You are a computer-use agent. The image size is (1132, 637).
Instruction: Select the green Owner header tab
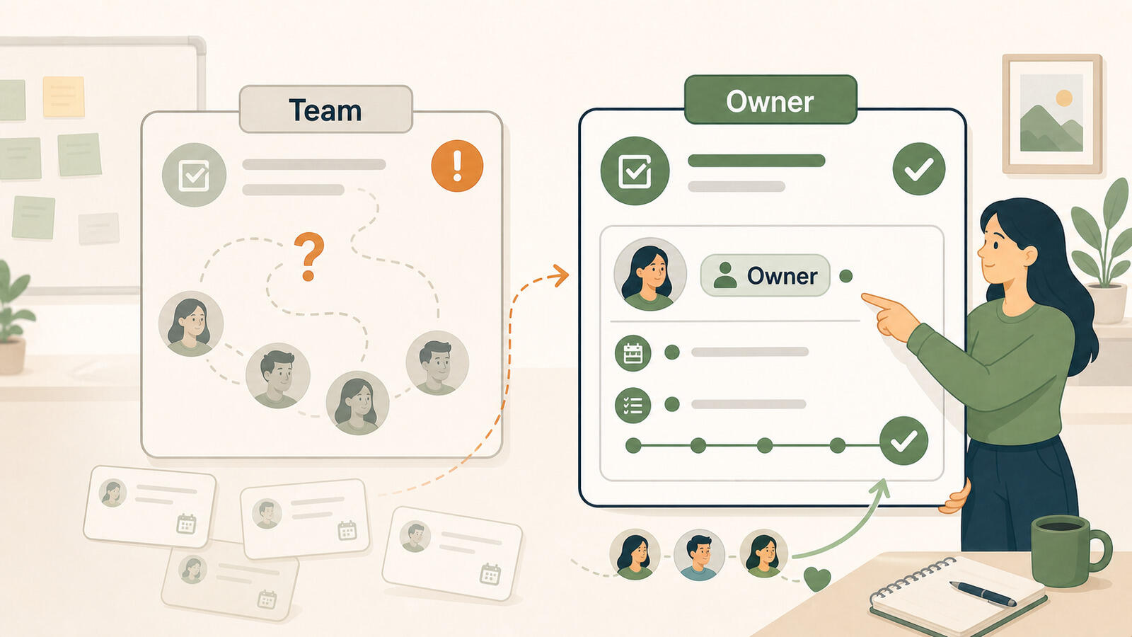pyautogui.click(x=770, y=100)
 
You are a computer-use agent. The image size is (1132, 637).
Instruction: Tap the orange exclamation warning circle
pyautogui.click(x=457, y=166)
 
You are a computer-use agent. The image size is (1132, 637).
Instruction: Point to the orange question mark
pyautogui.click(x=308, y=256)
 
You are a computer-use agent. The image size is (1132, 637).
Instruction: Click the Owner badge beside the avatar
pyautogui.click(x=765, y=275)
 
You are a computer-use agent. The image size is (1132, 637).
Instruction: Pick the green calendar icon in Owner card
pyautogui.click(x=633, y=353)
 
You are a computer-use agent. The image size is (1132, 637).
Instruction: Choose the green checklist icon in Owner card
pyautogui.click(x=633, y=405)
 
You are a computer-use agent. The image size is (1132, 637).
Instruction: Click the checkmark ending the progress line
pyautogui.click(x=903, y=441)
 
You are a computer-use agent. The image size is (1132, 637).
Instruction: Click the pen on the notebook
pyautogui.click(x=983, y=594)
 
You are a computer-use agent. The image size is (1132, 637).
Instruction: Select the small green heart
pyautogui.click(x=817, y=578)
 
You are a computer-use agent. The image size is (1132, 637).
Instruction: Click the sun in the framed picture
pyautogui.click(x=1064, y=98)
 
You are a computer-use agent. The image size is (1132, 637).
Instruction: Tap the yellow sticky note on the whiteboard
pyautogui.click(x=64, y=96)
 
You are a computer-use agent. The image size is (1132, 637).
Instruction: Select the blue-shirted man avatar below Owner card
pyautogui.click(x=699, y=555)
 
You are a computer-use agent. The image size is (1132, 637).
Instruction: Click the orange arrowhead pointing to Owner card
pyautogui.click(x=560, y=275)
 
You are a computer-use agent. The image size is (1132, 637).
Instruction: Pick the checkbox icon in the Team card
pyautogui.click(x=194, y=175)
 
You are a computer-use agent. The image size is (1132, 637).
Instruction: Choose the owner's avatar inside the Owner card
pyautogui.click(x=650, y=274)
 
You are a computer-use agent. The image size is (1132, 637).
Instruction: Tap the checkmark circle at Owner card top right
pyautogui.click(x=919, y=169)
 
